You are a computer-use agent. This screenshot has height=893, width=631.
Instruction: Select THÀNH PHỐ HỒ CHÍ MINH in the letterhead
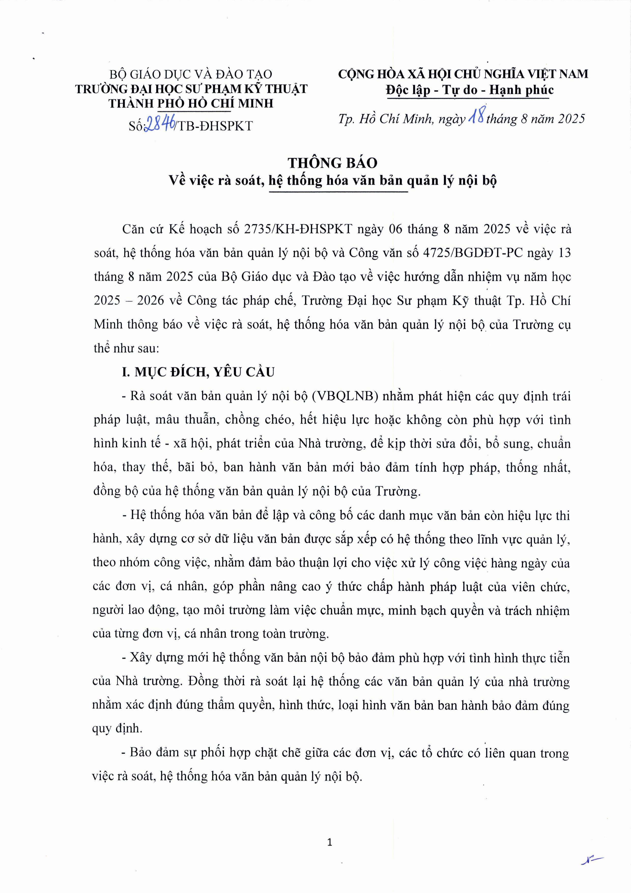[191, 103]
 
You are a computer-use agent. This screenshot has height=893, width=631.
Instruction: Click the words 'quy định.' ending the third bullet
[117, 729]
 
